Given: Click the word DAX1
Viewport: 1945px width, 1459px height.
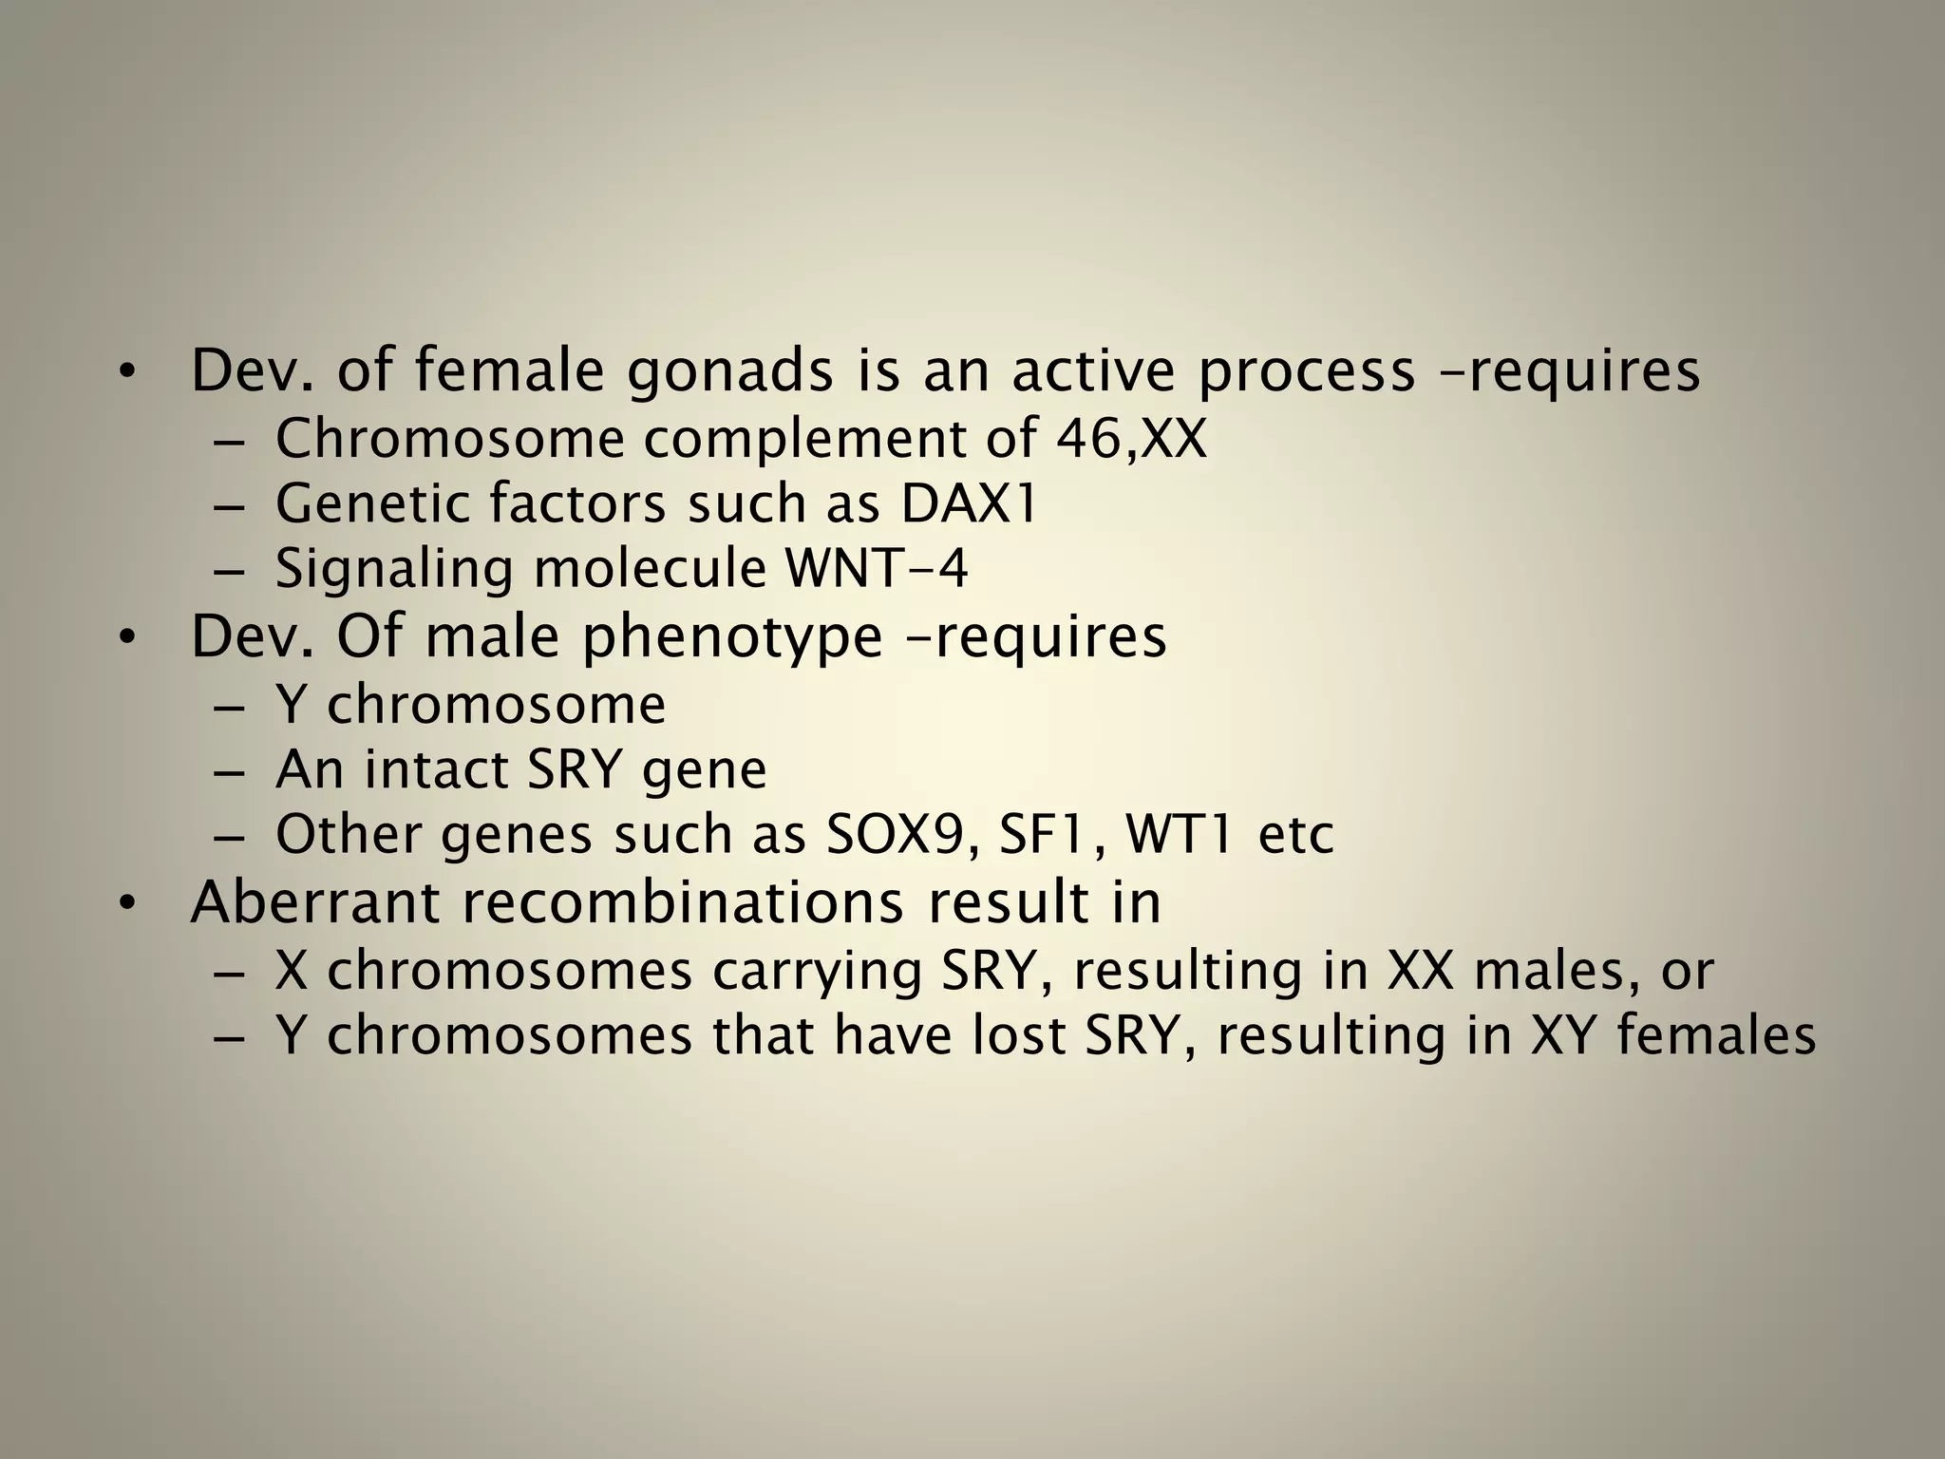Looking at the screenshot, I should [x=969, y=503].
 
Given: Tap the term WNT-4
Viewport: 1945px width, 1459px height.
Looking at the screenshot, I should [x=877, y=569].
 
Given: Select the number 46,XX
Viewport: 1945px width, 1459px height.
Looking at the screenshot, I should [x=1130, y=439].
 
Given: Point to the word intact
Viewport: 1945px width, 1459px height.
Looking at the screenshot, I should [x=438, y=768].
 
